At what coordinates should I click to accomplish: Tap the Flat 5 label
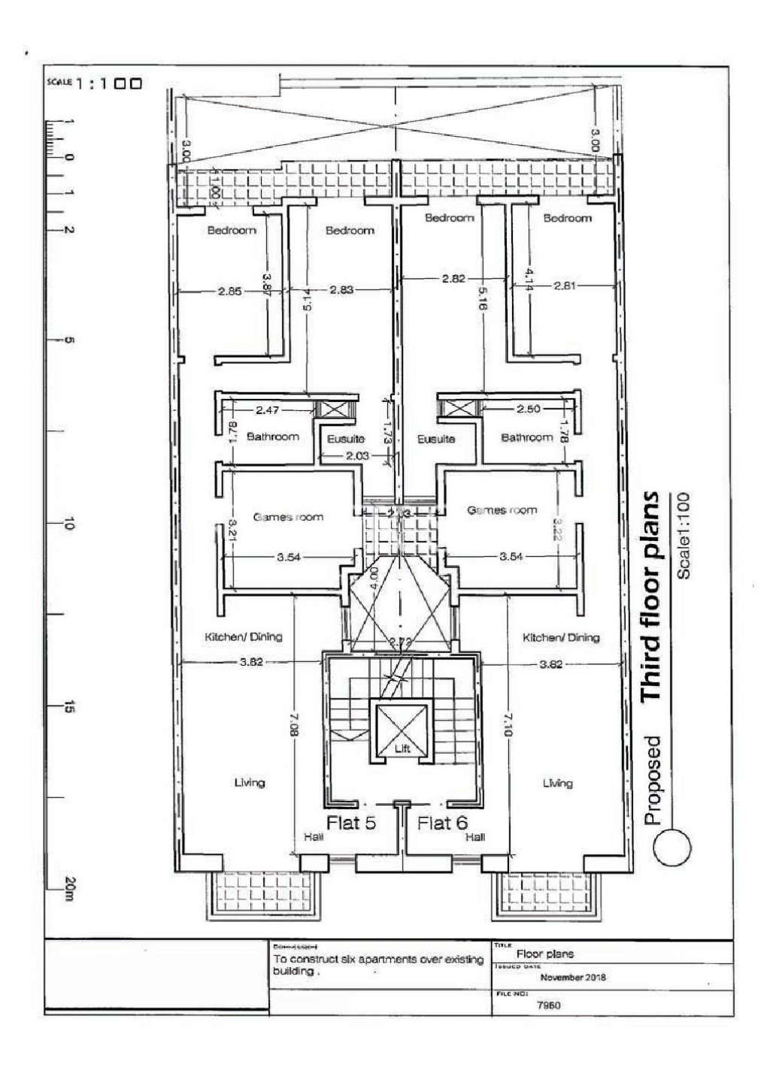coord(350,822)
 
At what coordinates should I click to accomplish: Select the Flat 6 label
coord(442,823)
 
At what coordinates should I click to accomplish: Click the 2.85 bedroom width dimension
coord(229,292)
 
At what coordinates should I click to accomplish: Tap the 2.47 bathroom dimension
coord(267,410)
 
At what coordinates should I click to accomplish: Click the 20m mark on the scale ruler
coord(68,889)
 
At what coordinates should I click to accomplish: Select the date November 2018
coord(572,978)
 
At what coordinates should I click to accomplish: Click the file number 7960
coord(549,1005)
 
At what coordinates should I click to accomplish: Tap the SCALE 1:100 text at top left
coord(94,84)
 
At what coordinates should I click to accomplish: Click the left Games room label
coord(288,517)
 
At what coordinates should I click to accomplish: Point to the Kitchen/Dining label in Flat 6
coord(561,637)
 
